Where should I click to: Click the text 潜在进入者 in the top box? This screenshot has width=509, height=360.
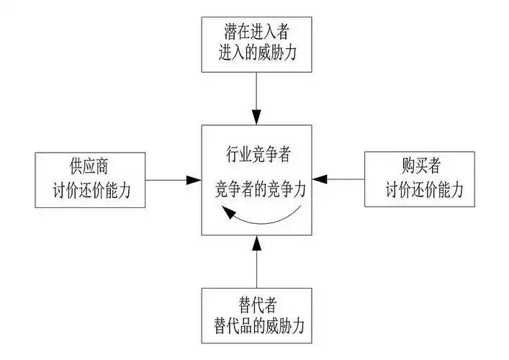(x=257, y=32)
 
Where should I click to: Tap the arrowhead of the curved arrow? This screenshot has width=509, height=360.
(x=226, y=211)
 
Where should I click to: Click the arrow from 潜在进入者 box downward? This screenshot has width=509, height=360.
(x=256, y=94)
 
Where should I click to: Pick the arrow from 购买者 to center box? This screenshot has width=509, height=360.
(x=338, y=179)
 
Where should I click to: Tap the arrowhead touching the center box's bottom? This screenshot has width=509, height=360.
(x=256, y=242)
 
